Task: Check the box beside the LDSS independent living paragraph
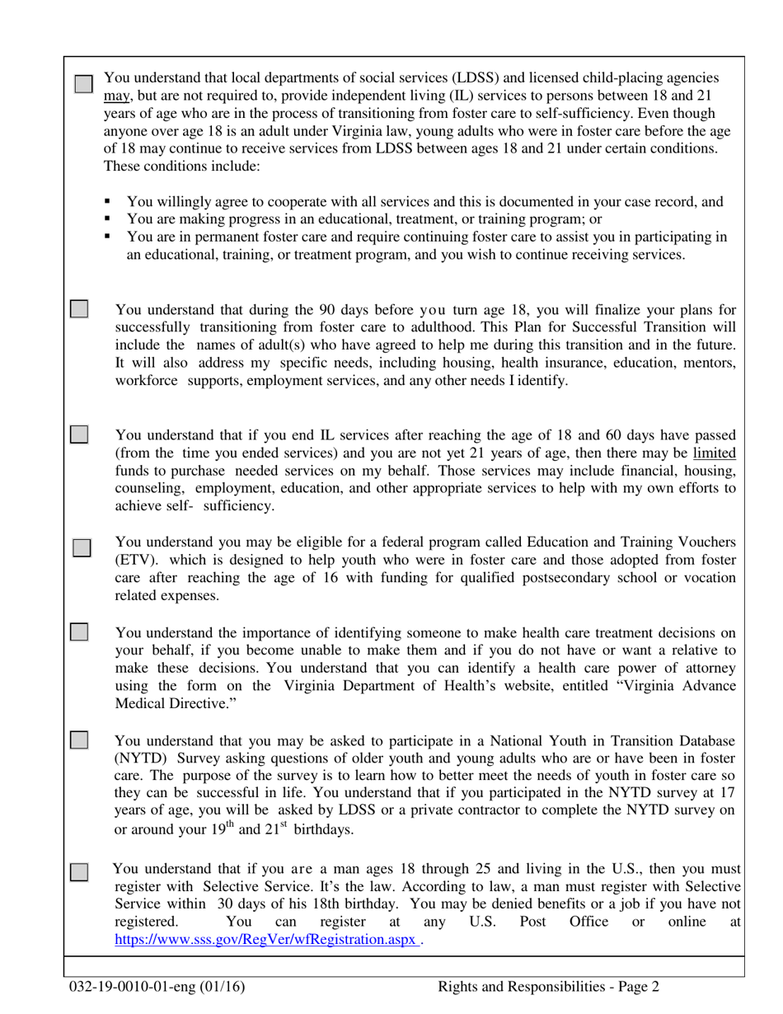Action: click(x=83, y=85)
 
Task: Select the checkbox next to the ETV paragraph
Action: click(x=82, y=547)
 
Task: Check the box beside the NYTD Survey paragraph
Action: click(x=78, y=739)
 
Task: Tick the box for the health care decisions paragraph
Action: click(x=78, y=632)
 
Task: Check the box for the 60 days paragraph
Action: click(x=78, y=434)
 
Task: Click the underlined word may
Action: click(x=116, y=96)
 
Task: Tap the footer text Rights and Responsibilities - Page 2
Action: click(x=548, y=987)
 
